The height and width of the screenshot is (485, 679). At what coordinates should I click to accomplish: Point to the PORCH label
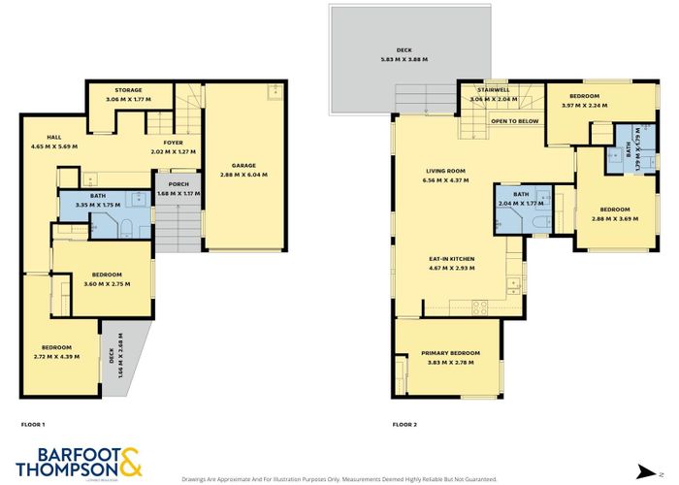point(177,183)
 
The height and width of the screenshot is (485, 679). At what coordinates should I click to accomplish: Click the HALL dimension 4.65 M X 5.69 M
point(53,146)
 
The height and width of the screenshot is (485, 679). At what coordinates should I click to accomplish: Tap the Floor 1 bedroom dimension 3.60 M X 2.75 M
point(106,283)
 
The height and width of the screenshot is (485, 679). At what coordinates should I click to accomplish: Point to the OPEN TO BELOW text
point(515,121)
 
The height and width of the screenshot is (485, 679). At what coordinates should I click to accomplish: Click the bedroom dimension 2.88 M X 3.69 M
point(616,217)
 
